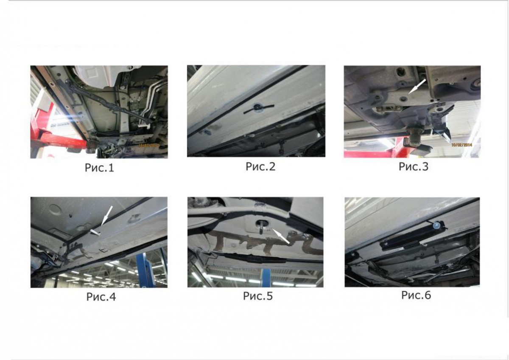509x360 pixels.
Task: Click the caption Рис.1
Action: coord(99,168)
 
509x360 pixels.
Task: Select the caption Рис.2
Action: coord(260,166)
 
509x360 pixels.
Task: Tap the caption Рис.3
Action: coord(414,166)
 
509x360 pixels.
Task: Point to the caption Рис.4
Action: coord(101,297)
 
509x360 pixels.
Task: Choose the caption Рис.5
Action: coord(258,296)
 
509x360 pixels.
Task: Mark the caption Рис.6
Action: coord(416,295)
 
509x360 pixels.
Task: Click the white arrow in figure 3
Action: coord(417,86)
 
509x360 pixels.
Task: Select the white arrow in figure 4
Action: coord(106,216)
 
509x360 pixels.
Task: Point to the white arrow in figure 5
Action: coord(281,236)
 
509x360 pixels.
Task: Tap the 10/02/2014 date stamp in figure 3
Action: coord(461,145)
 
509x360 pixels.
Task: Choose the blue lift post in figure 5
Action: coord(266,278)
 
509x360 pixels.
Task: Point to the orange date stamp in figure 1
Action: coord(149,145)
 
